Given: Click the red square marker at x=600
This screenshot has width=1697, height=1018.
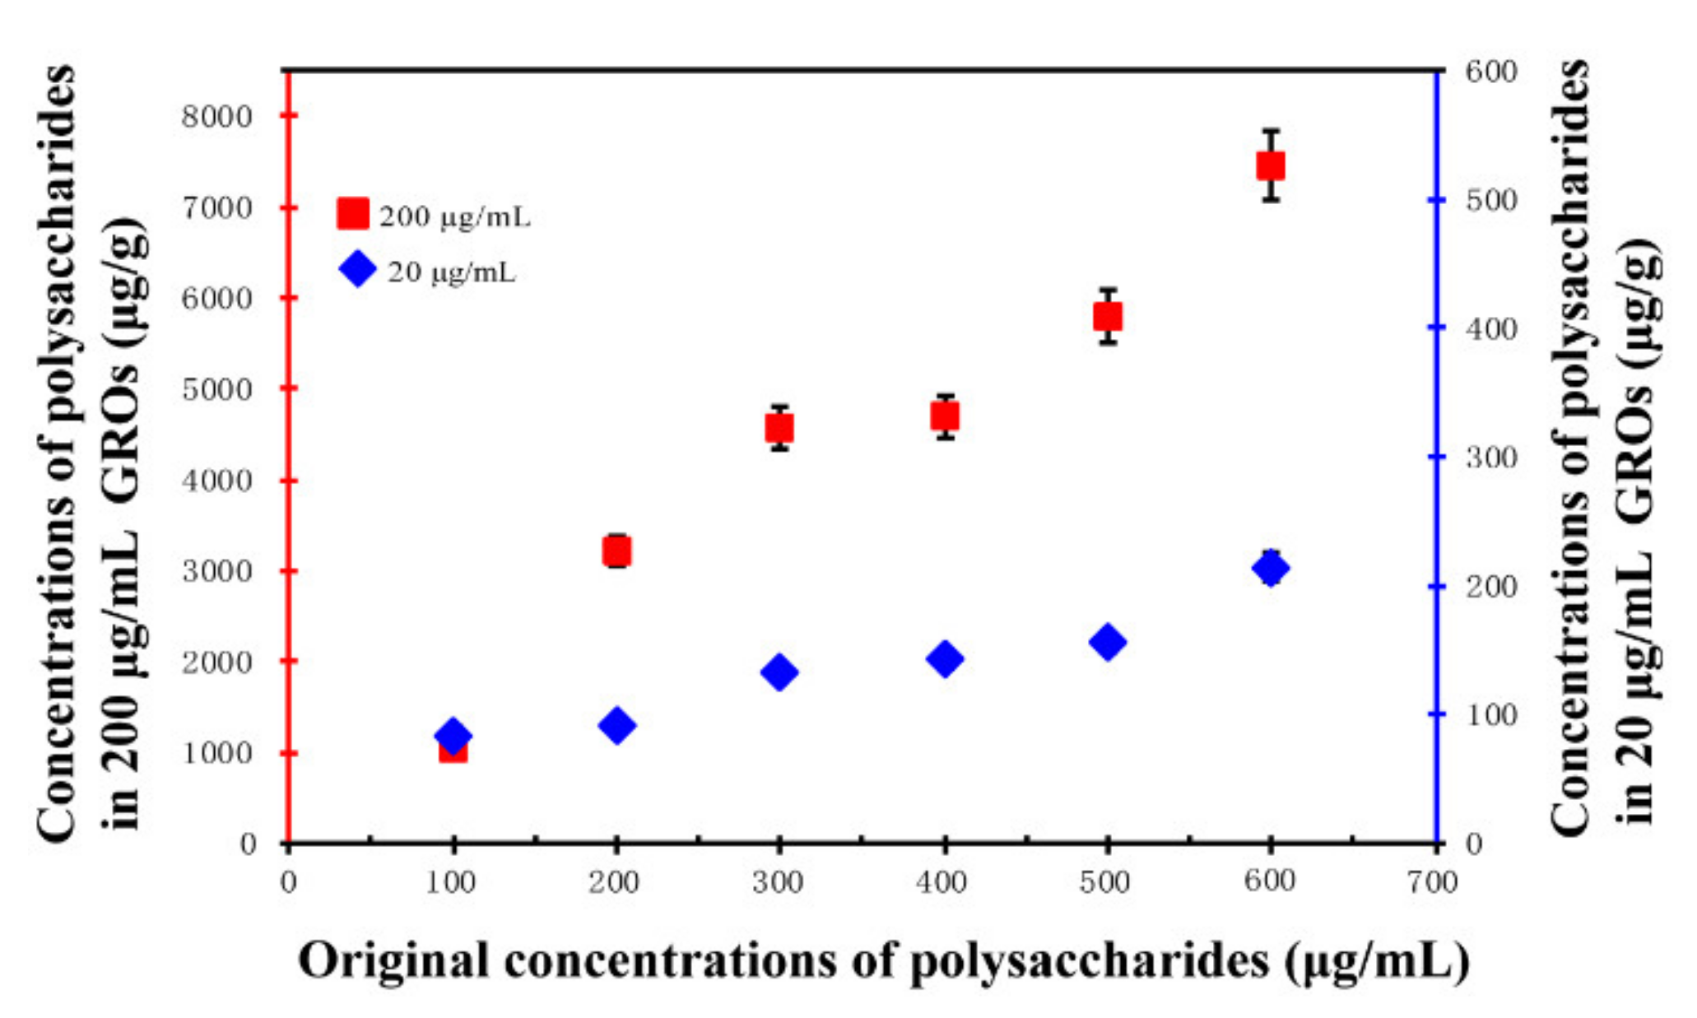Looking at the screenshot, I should point(1271,166).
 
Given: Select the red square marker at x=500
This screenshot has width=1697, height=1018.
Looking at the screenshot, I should point(1108,317).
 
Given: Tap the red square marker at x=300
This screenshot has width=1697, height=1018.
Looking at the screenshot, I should point(779,428).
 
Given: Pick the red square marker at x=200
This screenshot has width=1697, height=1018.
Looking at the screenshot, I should point(616,551).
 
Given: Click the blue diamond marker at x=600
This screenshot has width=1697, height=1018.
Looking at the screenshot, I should point(1271,568).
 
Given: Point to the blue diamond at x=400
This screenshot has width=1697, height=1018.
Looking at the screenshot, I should point(945,658).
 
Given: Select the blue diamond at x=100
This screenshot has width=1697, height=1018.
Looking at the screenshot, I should point(452,735).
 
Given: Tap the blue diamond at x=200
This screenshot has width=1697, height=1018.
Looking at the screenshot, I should point(616,726).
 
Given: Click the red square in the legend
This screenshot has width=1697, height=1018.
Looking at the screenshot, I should point(353,213).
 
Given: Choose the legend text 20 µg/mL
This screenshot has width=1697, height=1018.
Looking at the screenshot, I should point(452,272).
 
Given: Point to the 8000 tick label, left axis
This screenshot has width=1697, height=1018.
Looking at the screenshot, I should point(216,117).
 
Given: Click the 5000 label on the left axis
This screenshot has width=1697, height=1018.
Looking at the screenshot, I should point(216,389).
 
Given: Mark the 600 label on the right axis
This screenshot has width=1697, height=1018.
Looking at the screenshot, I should point(1490,72).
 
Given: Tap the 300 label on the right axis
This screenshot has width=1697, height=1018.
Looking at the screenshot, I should point(1490,458).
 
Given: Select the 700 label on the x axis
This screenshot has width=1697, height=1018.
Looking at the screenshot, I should point(1432,883).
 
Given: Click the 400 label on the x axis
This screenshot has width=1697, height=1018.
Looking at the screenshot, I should point(941,883).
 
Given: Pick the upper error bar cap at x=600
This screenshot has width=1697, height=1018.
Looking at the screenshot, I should point(1272,131).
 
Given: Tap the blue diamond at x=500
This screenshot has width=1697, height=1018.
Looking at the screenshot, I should point(1108,642).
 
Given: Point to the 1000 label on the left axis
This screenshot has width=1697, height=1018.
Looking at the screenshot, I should point(216,753).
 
